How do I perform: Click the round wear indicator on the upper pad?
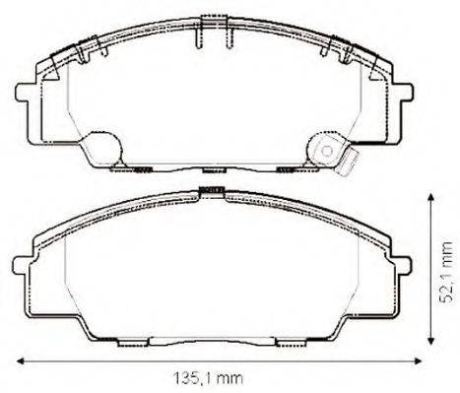325,149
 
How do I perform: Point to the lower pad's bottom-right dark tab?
290,342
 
